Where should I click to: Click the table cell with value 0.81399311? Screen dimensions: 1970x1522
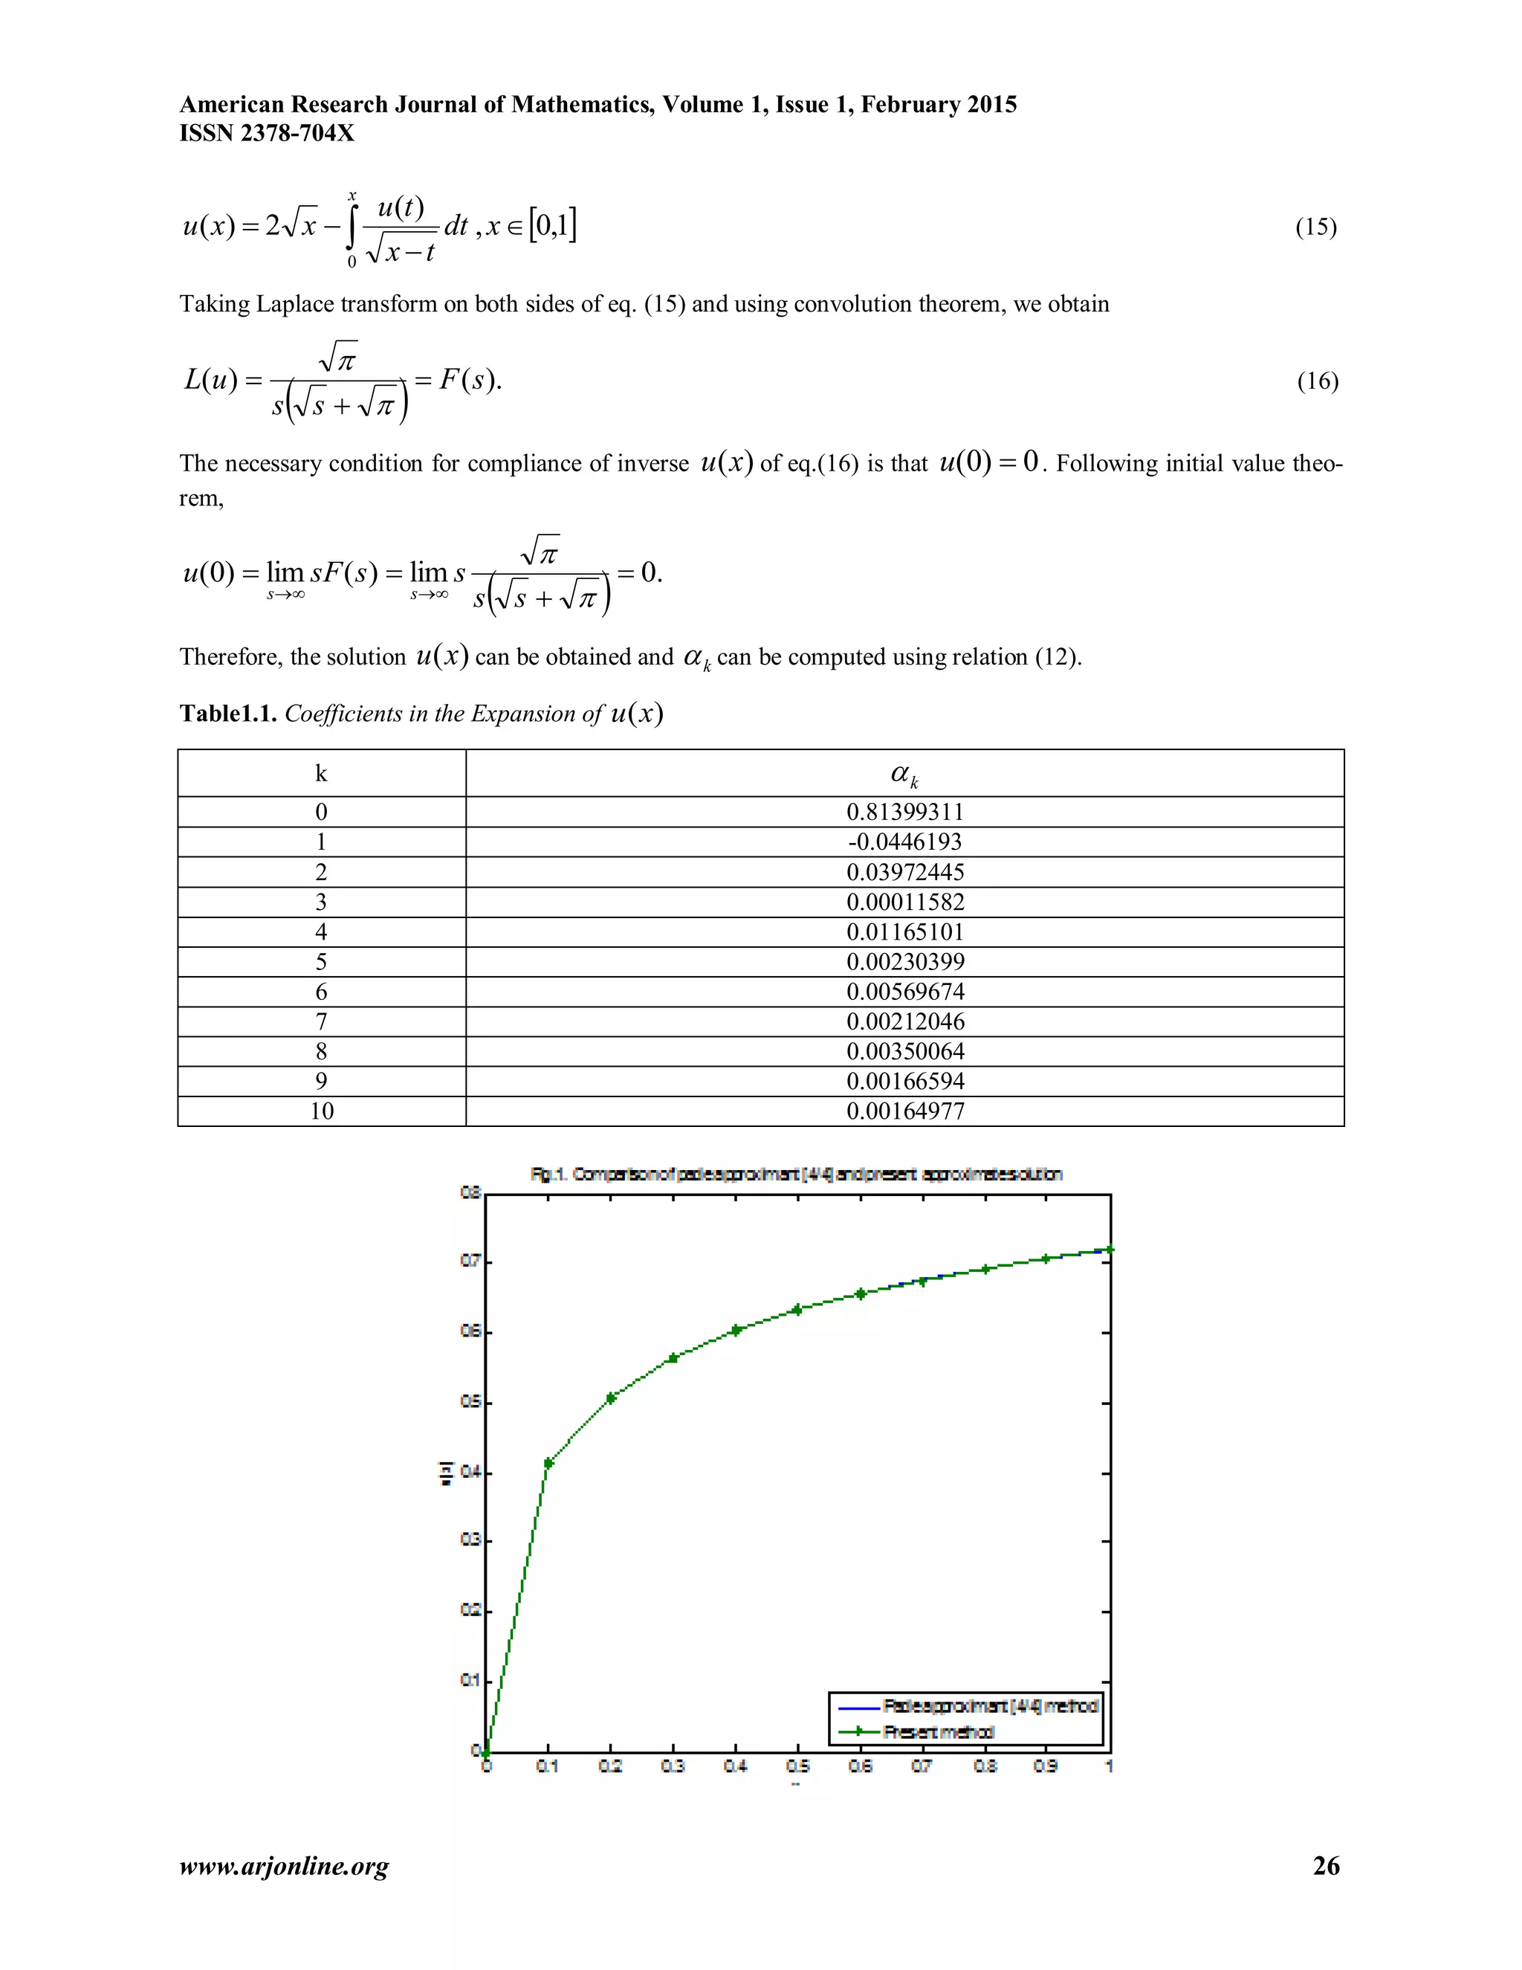[x=904, y=812]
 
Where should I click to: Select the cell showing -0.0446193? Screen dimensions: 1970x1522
[x=904, y=842]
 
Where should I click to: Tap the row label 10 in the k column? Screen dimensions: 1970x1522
[x=321, y=1111]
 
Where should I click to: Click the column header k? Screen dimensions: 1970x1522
[x=321, y=773]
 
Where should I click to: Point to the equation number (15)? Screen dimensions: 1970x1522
[x=1315, y=227]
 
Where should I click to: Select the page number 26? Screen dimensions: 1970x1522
[x=1326, y=1865]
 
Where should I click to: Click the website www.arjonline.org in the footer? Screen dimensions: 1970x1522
[x=284, y=1866]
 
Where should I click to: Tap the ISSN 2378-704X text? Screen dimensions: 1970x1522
[x=267, y=134]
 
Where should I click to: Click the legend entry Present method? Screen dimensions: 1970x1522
[x=938, y=1732]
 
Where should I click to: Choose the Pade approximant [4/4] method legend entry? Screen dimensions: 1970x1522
[x=990, y=1705]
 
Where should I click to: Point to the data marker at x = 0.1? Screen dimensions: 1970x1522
[x=548, y=1463]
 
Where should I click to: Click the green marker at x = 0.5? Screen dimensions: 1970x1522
[x=797, y=1310]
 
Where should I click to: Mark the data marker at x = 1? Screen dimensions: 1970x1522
[x=1109, y=1250]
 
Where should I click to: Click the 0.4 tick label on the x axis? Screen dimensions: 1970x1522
[x=735, y=1767]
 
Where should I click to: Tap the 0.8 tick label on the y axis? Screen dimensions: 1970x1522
[x=470, y=1193]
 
